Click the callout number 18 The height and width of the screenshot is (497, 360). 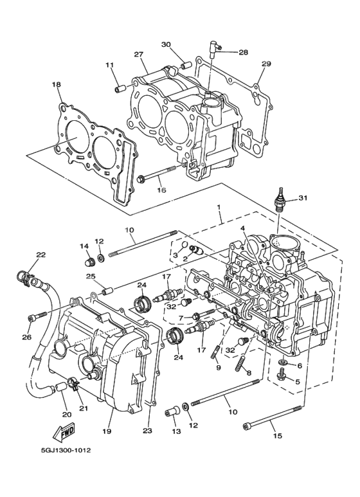(x=56, y=84)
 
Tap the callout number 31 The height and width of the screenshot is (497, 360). (x=303, y=197)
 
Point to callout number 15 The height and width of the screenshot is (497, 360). (x=277, y=437)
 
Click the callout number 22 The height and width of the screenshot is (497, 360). (x=40, y=255)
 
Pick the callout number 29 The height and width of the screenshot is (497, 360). (x=266, y=64)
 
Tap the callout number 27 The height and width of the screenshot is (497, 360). (x=138, y=55)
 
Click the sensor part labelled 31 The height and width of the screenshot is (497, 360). (x=280, y=200)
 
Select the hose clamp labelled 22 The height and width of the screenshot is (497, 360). (x=24, y=278)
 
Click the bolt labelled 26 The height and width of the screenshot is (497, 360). (x=38, y=315)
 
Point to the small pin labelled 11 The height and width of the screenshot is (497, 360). (x=120, y=87)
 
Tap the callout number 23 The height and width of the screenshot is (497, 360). (x=147, y=431)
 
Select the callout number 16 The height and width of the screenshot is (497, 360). (x=161, y=190)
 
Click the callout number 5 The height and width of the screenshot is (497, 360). (x=298, y=381)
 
